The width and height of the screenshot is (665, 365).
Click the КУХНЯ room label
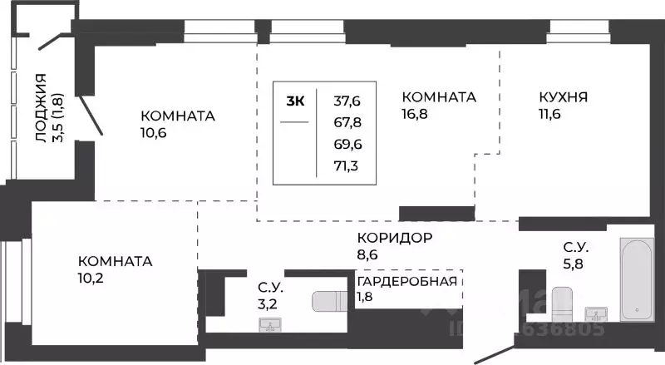(564, 97)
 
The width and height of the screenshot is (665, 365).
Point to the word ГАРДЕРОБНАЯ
(407, 280)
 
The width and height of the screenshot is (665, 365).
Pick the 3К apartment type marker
(295, 101)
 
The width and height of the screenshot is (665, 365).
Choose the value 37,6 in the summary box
(347, 101)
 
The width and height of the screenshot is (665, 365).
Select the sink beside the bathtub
(596, 314)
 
